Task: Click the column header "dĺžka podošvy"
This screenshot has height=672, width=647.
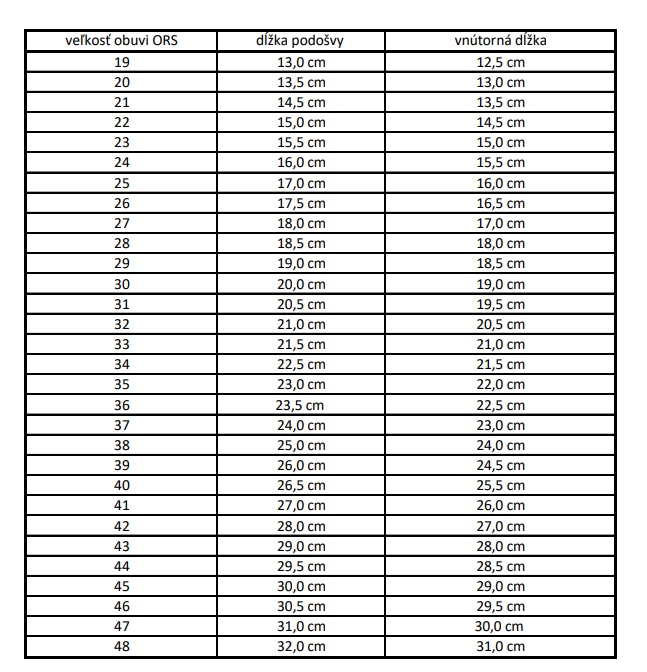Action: pyautogui.click(x=300, y=41)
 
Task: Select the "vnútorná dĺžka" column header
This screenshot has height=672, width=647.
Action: pyautogui.click(x=500, y=41)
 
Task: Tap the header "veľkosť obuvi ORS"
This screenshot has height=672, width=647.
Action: pyautogui.click(x=122, y=41)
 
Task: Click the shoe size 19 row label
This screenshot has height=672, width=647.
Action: pyautogui.click(x=122, y=62)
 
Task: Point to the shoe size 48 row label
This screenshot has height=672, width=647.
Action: pyautogui.click(x=122, y=646)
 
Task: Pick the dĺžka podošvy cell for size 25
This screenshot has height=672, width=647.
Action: pyautogui.click(x=300, y=183)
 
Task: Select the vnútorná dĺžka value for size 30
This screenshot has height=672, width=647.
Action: pyautogui.click(x=500, y=283)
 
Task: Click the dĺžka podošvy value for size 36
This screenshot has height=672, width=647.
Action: pyautogui.click(x=300, y=405)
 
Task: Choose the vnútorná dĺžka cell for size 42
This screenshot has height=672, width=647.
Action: pyautogui.click(x=500, y=525)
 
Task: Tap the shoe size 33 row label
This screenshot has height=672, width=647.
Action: pyautogui.click(x=122, y=344)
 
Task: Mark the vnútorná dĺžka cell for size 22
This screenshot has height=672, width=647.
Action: pyautogui.click(x=500, y=122)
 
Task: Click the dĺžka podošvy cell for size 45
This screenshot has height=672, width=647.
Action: pyautogui.click(x=300, y=586)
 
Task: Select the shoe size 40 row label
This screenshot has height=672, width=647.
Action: pyautogui.click(x=122, y=485)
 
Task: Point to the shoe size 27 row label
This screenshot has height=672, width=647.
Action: pyautogui.click(x=122, y=223)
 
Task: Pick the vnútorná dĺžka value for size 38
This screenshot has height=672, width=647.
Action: pyautogui.click(x=500, y=445)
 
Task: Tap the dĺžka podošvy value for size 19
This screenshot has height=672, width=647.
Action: pyautogui.click(x=300, y=62)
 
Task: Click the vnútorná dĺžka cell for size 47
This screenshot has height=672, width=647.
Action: pyautogui.click(x=500, y=626)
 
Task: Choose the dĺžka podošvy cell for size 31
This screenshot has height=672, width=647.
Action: pyautogui.click(x=300, y=304)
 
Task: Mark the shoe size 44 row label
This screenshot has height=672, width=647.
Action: pyautogui.click(x=122, y=566)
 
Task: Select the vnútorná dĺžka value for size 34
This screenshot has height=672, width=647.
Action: pyautogui.click(x=500, y=364)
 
